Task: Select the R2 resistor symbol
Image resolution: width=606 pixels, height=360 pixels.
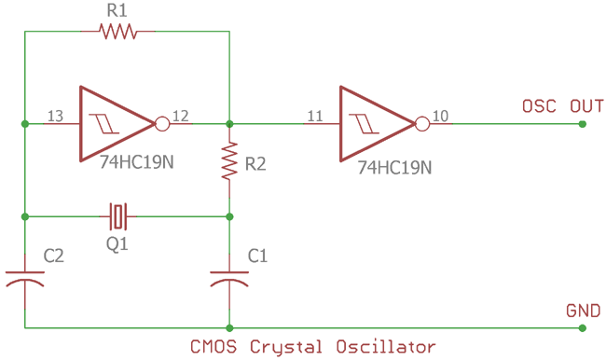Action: [x=229, y=161]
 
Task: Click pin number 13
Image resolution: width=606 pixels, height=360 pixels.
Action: [x=55, y=116]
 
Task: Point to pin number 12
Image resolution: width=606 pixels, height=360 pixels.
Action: [x=181, y=116]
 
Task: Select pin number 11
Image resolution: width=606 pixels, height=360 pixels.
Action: [x=314, y=116]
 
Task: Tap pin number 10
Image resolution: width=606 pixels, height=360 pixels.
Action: [x=440, y=116]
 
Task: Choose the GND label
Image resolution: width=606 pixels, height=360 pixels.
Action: [x=584, y=311]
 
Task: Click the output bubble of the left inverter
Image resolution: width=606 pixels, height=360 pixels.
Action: [x=161, y=123]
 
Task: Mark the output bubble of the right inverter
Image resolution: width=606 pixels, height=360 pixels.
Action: [x=421, y=123]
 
